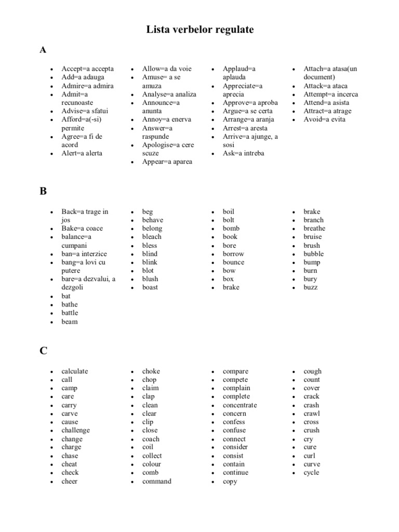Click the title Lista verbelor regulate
coord(199,30)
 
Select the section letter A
coord(43,50)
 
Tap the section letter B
coord(43,191)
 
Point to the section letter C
coord(43,351)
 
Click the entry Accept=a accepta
coord(87,69)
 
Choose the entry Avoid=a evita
coord(324,119)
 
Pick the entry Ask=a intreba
coord(243,153)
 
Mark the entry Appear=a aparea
coord(167,162)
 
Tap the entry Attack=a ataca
coord(326,86)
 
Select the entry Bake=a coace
coord(82,228)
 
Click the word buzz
coord(311,287)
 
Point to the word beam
coord(70,322)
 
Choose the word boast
coord(150,287)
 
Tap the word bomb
coord(231,228)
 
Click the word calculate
coord(75,371)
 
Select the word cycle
coord(312,472)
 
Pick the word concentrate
coord(240,405)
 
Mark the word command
coord(157,481)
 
